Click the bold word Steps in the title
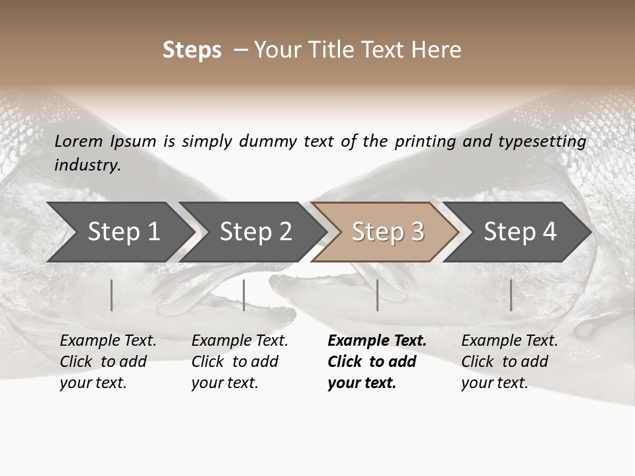pyautogui.click(x=192, y=50)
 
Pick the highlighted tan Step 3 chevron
pyautogui.click(x=388, y=232)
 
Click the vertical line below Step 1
pyautogui.click(x=112, y=295)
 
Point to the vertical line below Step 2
pyautogui.click(x=244, y=295)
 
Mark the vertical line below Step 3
pyautogui.click(x=378, y=295)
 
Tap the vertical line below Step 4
pyautogui.click(x=511, y=295)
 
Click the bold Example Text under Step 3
pyautogui.click(x=376, y=362)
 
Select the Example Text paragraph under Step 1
pyautogui.click(x=108, y=362)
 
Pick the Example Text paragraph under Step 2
pyautogui.click(x=239, y=362)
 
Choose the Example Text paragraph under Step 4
pyautogui.click(x=509, y=362)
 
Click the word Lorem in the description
pyautogui.click(x=79, y=141)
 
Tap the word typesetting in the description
pyautogui.click(x=548, y=141)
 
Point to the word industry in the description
pyautogui.click(x=87, y=165)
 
